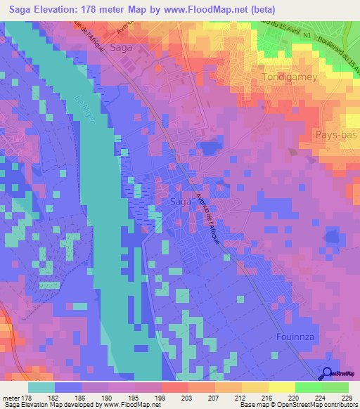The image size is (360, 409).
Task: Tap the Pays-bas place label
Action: click(x=335, y=134)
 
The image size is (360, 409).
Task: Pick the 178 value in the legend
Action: click(x=26, y=398)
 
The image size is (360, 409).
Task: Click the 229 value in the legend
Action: click(x=346, y=398)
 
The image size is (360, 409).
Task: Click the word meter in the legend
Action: click(x=10, y=398)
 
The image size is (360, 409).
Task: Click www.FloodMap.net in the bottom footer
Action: click(x=127, y=405)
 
